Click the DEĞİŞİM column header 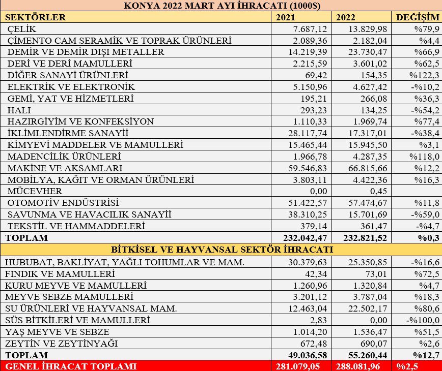click(418, 17)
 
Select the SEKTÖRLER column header click(35, 17)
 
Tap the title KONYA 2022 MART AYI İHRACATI click(220, 6)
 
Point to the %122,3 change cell click(427, 75)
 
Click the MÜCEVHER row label click(35, 191)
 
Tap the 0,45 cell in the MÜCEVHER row click(379, 191)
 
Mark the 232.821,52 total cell click(362, 237)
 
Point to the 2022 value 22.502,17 click(366, 308)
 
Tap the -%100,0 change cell click(423, 320)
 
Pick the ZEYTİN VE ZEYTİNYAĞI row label click(61, 344)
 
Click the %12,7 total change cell click(427, 355)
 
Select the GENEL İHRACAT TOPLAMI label click(66, 366)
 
